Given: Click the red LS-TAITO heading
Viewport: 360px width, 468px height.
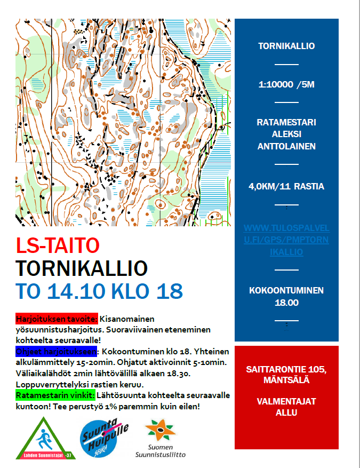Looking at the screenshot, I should [58, 245].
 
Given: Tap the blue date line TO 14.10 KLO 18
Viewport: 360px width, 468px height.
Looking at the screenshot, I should [99, 291].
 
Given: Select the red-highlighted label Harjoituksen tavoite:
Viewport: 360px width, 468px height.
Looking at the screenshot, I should [57, 319].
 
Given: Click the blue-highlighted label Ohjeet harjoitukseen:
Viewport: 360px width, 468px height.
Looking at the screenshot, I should [55, 351].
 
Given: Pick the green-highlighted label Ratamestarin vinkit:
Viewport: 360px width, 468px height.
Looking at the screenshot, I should [55, 395].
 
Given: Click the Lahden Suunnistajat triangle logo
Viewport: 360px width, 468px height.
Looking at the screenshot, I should [46, 439].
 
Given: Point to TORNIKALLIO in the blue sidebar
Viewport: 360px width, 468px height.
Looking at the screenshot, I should [286, 46].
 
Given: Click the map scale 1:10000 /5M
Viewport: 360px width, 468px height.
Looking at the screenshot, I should [286, 84].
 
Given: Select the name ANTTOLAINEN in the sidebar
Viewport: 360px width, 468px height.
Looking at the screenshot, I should [286, 147].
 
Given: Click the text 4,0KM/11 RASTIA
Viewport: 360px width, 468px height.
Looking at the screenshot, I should [286, 186].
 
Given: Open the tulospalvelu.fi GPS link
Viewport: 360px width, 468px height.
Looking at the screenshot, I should [286, 240].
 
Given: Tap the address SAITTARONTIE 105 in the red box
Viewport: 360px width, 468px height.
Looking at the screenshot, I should [286, 369].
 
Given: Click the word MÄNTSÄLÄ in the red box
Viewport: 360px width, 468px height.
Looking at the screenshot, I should [286, 380].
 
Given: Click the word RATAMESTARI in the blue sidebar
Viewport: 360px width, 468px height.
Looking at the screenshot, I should [286, 122].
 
